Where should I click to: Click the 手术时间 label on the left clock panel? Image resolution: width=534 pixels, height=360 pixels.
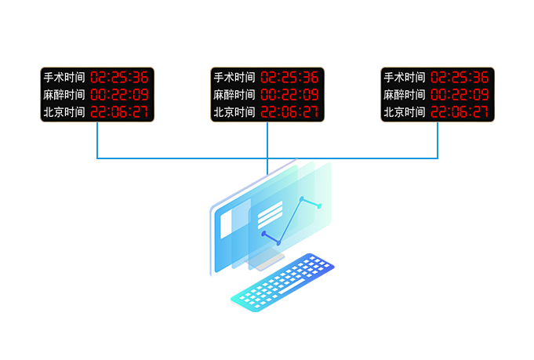(64, 78)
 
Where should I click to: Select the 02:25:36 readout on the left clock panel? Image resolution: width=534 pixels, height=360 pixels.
(119, 78)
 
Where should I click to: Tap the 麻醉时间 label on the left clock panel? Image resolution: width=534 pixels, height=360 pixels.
(64, 95)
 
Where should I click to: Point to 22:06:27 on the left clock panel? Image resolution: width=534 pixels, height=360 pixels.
(119, 112)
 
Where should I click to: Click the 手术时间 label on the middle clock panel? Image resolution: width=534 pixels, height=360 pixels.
(234, 78)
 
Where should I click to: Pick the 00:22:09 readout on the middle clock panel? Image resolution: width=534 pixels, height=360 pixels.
(289, 95)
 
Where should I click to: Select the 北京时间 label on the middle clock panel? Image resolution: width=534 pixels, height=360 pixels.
(234, 112)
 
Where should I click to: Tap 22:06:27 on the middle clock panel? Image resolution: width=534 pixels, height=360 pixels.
(289, 112)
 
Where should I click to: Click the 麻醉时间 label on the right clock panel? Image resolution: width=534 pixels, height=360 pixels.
(405, 95)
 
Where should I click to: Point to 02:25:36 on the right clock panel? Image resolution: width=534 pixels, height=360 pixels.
(460, 78)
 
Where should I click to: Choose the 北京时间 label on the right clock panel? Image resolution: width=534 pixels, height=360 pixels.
(405, 112)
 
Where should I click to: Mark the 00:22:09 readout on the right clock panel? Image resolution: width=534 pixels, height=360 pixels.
(460, 95)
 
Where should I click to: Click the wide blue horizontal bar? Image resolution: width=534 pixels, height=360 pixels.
(267, 141)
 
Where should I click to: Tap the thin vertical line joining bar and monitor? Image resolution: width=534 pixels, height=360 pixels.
(267, 167)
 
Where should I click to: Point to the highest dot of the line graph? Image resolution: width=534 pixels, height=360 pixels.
(302, 198)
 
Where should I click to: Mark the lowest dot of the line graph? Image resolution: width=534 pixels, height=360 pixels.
(278, 243)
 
